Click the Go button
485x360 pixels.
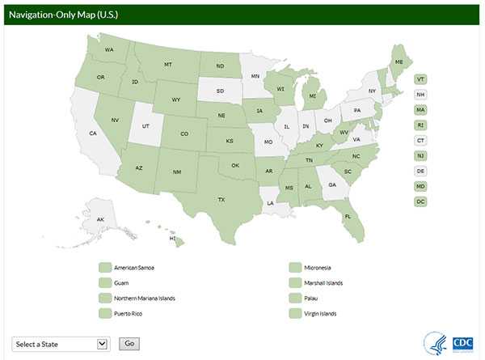point(129,343)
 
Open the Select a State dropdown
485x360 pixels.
point(61,343)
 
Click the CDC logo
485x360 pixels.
point(462,341)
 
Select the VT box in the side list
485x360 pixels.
point(420,78)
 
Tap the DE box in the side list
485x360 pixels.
point(420,171)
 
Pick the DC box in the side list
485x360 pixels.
point(420,201)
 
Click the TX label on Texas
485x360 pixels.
point(221,199)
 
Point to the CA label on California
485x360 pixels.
point(93,133)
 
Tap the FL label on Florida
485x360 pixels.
point(348,216)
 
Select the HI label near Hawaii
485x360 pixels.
point(172,239)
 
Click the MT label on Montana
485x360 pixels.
point(168,64)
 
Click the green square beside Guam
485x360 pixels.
point(103,282)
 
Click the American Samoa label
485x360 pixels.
point(135,267)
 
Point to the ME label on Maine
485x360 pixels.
point(399,61)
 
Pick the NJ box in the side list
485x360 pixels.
point(420,155)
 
